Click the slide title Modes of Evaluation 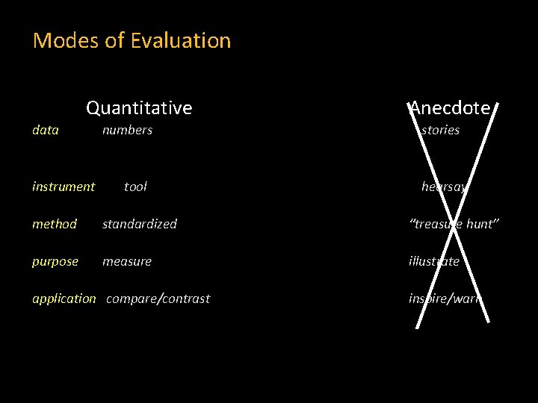coord(132,40)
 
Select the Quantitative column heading coord(139,108)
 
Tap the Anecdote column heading coord(450,108)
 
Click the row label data coord(46,130)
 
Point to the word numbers coord(127,130)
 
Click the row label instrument coord(64,187)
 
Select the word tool coord(135,187)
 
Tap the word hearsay coord(444,187)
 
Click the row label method coord(55,224)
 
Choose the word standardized coord(140,224)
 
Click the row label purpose coord(55,261)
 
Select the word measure coord(127,261)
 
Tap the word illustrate coord(434,261)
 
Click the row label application coord(64,299)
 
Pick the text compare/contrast coord(158,299)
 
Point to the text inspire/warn coord(445,299)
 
